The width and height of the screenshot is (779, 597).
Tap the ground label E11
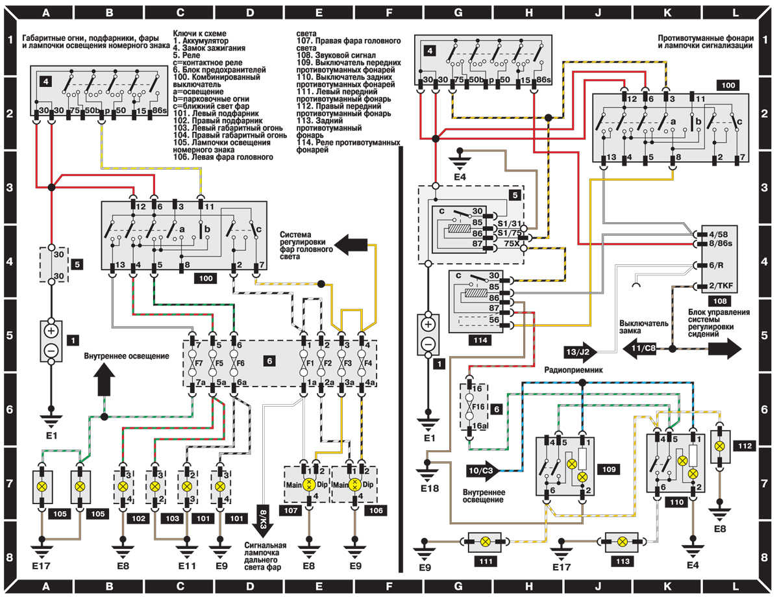tap(187, 566)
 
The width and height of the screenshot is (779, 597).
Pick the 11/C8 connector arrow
tap(644, 349)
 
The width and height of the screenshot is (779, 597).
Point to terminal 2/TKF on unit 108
tap(712, 286)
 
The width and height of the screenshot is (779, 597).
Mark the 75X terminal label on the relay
tap(512, 245)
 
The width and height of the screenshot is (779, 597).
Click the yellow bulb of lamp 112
tap(719, 446)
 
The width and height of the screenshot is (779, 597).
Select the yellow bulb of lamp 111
tap(485, 541)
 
